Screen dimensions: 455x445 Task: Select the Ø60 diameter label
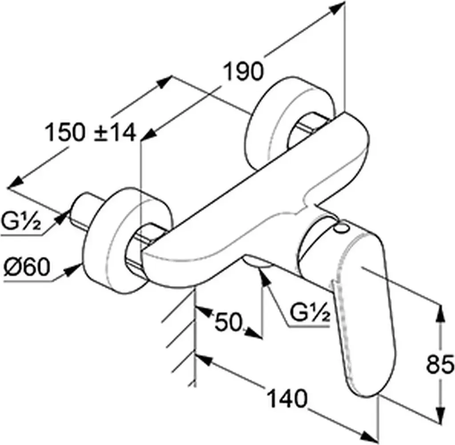27,267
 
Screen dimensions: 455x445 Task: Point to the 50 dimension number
228,321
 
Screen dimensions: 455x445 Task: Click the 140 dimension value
287,399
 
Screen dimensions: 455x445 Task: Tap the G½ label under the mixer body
310,313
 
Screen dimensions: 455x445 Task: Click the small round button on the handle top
341,229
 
